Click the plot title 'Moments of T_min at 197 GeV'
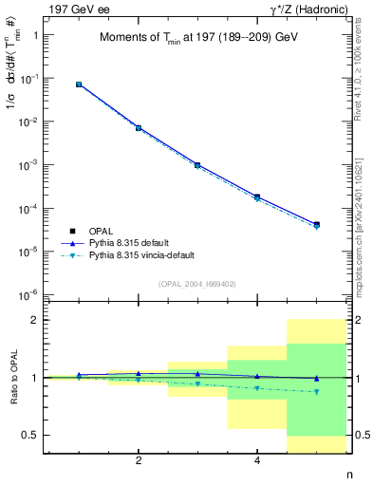(x=197, y=38)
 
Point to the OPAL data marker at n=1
(x=79, y=84)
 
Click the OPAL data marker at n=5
(x=316, y=225)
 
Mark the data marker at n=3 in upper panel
(x=197, y=165)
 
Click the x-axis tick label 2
(x=139, y=461)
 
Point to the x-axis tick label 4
(x=257, y=461)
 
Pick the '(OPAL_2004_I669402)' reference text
(x=197, y=283)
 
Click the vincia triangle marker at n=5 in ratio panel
(x=316, y=391)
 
